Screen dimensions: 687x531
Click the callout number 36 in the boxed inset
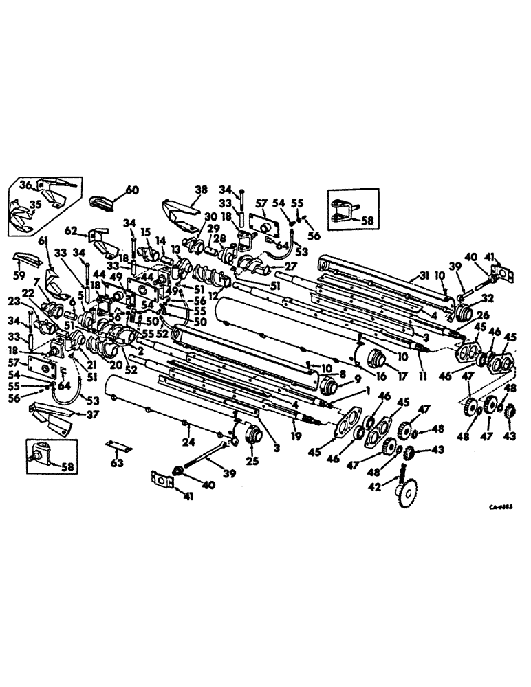(x=25, y=185)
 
